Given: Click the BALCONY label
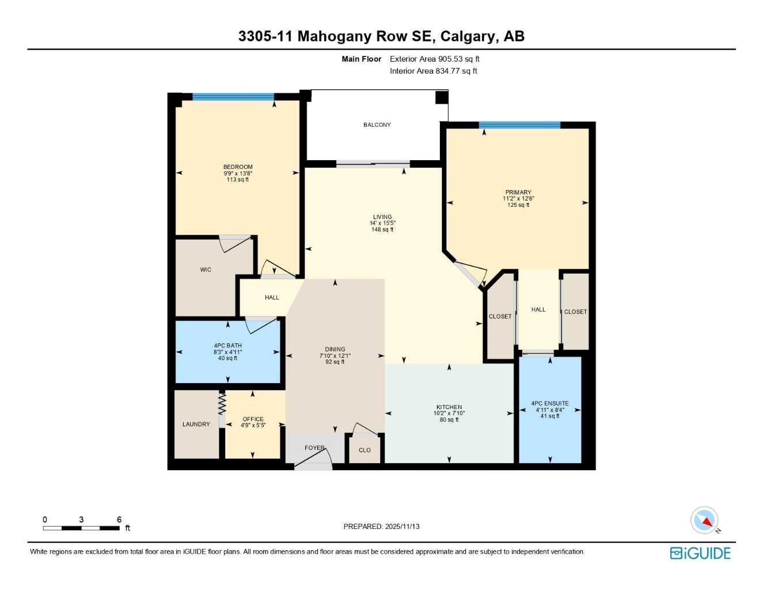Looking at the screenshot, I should [x=377, y=125].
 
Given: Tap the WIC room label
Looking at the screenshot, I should [x=206, y=270].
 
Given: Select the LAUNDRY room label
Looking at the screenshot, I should [x=196, y=425].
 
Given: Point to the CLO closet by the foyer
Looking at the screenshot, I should [x=365, y=451].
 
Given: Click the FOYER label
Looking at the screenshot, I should [x=314, y=448].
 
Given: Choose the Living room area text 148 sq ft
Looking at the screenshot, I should [x=382, y=230].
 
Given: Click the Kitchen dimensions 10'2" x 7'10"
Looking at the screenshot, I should [x=449, y=414].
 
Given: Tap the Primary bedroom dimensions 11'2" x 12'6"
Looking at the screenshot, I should [x=518, y=199].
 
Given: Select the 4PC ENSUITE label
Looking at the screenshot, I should [x=549, y=404].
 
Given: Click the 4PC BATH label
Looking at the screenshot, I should [x=227, y=346].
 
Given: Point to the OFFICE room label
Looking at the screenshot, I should [x=253, y=419].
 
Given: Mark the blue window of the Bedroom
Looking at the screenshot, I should [x=233, y=97].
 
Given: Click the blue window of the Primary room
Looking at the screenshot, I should [x=519, y=125].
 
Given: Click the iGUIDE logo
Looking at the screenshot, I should [x=700, y=554].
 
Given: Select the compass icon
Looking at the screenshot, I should [x=705, y=520].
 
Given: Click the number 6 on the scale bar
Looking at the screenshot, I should [x=119, y=520].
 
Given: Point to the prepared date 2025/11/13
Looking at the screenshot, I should [x=402, y=527].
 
